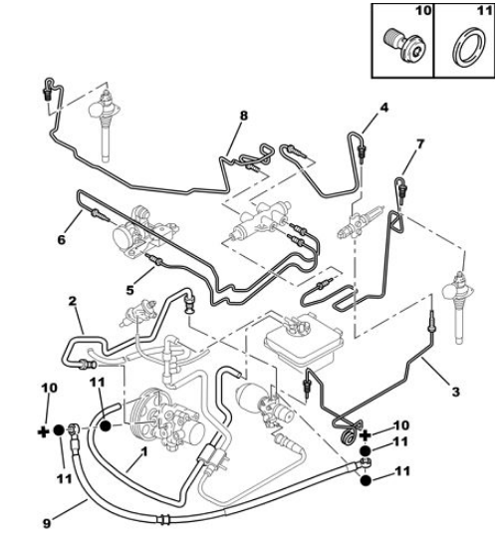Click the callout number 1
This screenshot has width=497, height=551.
[x=143, y=452]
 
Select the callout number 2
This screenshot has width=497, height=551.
[x=72, y=301]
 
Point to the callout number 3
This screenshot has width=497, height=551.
[x=455, y=392]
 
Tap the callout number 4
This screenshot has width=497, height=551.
[x=384, y=108]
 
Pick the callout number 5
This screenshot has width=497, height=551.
[x=129, y=290]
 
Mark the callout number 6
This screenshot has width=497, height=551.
[x=62, y=240]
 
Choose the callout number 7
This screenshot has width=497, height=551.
[x=420, y=143]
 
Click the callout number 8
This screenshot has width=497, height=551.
[x=243, y=116]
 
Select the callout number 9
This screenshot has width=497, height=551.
[x=47, y=524]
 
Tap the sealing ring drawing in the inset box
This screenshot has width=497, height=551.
[x=469, y=48]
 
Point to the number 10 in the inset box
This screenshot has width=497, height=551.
[x=423, y=11]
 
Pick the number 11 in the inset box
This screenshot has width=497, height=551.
[x=485, y=11]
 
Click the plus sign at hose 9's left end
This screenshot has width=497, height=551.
[x=43, y=431]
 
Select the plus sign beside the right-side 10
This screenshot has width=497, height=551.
[x=366, y=435]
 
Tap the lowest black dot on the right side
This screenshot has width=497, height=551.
[x=366, y=480]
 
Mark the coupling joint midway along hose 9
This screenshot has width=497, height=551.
[x=164, y=519]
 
